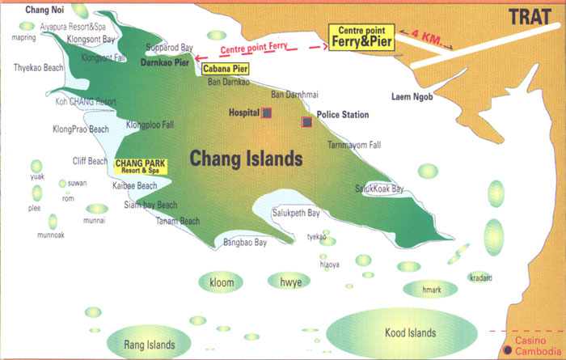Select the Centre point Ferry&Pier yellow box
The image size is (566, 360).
tap(360, 36)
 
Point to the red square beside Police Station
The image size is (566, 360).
tap(306, 122)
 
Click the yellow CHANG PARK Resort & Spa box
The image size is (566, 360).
tap(141, 167)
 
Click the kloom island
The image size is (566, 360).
tap(220, 281)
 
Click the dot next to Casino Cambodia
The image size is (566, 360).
tap(507, 350)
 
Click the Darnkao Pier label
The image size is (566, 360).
tap(165, 61)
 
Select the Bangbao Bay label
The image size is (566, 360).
tap(245, 242)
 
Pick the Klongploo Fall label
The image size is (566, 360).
tap(151, 125)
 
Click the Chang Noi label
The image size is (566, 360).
tap(43, 10)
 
